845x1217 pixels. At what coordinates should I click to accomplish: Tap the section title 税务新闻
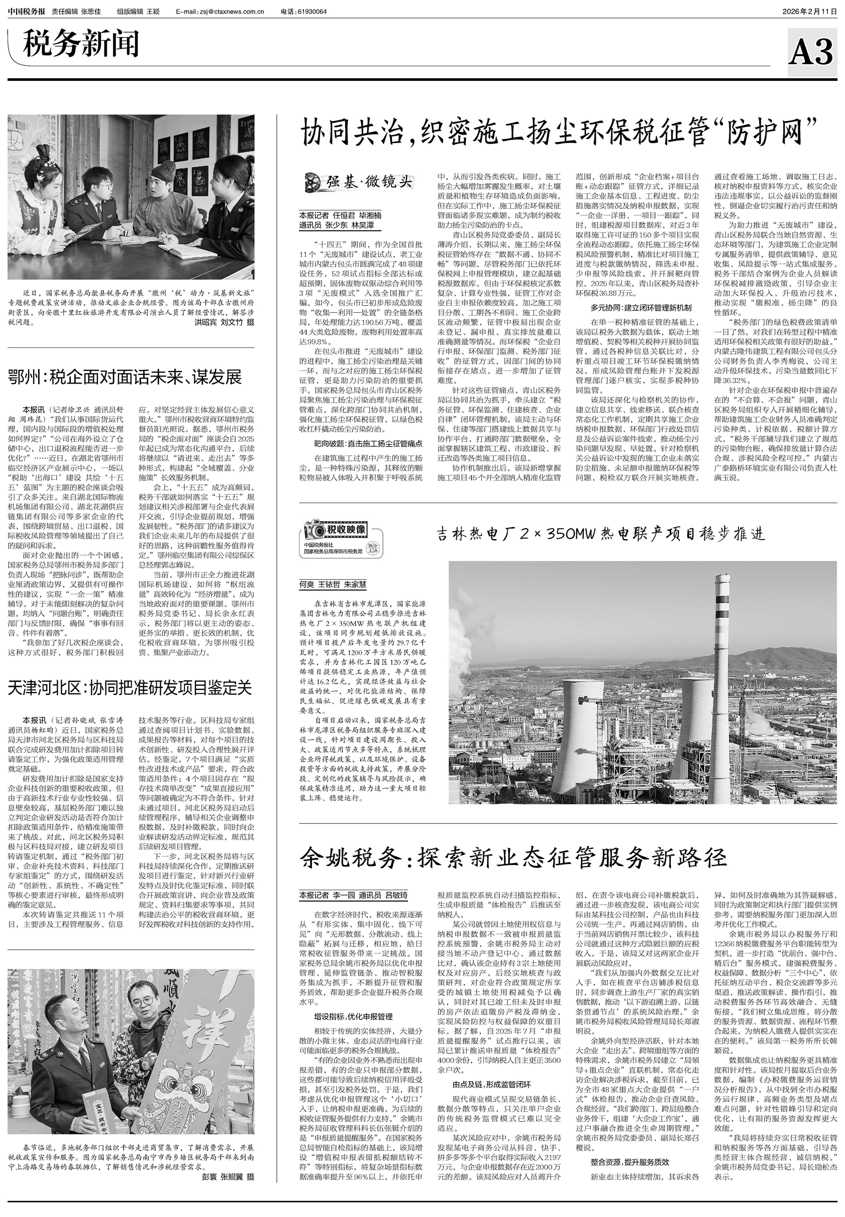[x=80, y=44]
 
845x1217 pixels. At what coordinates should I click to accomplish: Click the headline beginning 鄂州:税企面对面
[x=125, y=377]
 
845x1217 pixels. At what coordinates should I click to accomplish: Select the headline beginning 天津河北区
[x=130, y=687]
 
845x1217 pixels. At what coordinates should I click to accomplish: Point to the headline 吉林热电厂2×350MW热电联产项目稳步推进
[x=601, y=534]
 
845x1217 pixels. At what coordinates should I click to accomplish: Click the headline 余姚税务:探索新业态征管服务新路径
[x=513, y=858]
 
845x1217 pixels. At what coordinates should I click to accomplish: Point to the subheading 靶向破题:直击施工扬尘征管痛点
[x=368, y=443]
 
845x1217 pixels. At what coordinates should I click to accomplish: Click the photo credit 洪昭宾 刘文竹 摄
[x=224, y=322]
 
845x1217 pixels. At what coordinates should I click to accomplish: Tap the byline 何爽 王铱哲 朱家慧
[x=333, y=585]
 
